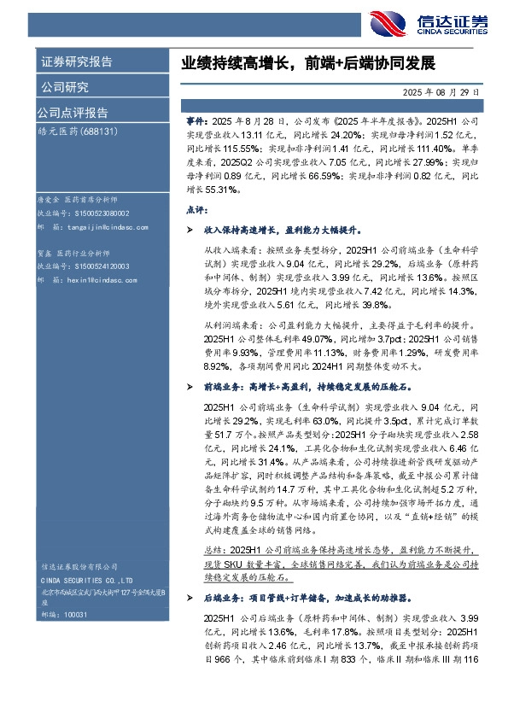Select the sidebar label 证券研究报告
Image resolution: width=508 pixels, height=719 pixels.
click(x=76, y=62)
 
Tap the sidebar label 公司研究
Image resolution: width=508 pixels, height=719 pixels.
click(x=64, y=87)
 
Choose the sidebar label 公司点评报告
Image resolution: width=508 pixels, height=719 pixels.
click(x=72, y=113)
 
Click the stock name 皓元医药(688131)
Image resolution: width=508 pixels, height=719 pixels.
click(x=77, y=132)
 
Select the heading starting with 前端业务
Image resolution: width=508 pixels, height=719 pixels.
click(x=297, y=387)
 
